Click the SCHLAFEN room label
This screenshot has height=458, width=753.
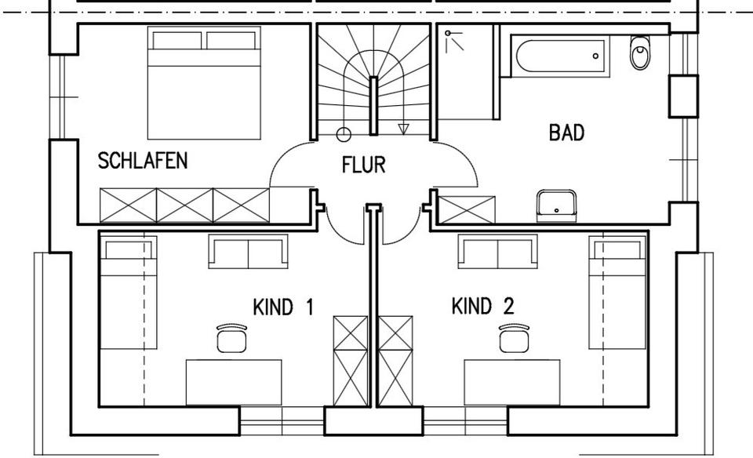pyautogui.click(x=143, y=161)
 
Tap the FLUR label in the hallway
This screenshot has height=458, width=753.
pyautogui.click(x=363, y=165)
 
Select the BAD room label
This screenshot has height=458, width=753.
pyautogui.click(x=566, y=133)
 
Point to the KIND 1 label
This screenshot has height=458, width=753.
pyautogui.click(x=283, y=307)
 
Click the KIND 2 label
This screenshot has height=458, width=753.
pyautogui.click(x=482, y=307)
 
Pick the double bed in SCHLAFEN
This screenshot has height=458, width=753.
pyautogui.click(x=204, y=83)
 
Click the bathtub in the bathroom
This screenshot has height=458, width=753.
pyautogui.click(x=560, y=56)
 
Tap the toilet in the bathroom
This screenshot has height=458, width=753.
pyautogui.click(x=640, y=53)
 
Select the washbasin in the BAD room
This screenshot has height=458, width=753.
pyautogui.click(x=557, y=206)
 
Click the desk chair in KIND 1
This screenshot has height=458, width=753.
pyautogui.click(x=231, y=339)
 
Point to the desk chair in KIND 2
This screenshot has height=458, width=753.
pyautogui.click(x=514, y=339)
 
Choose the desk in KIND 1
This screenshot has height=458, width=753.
pyautogui.click(x=234, y=383)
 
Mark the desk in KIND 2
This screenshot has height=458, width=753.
pyautogui.click(x=512, y=383)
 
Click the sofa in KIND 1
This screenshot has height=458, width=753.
pyautogui.click(x=249, y=252)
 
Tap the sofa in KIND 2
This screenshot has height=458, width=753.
pyautogui.click(x=498, y=252)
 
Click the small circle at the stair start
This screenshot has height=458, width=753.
pyautogui.click(x=344, y=135)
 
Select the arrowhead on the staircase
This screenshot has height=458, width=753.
pyautogui.click(x=403, y=129)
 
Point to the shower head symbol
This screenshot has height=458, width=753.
pyautogui.click(x=448, y=33)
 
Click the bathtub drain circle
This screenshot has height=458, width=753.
pyautogui.click(x=595, y=56)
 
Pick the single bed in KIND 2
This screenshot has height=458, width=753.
pyautogui.click(x=617, y=293)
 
